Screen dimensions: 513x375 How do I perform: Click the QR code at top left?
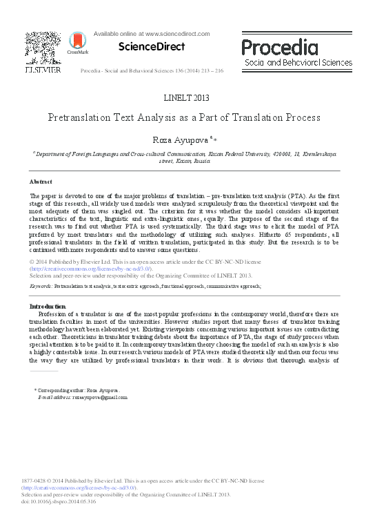click(42, 47)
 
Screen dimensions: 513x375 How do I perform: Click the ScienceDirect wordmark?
click(152, 47)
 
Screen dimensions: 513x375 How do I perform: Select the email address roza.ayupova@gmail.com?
click(92, 398)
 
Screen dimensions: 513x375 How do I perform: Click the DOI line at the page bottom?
click(59, 501)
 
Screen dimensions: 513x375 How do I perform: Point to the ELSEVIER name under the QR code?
click(43, 70)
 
